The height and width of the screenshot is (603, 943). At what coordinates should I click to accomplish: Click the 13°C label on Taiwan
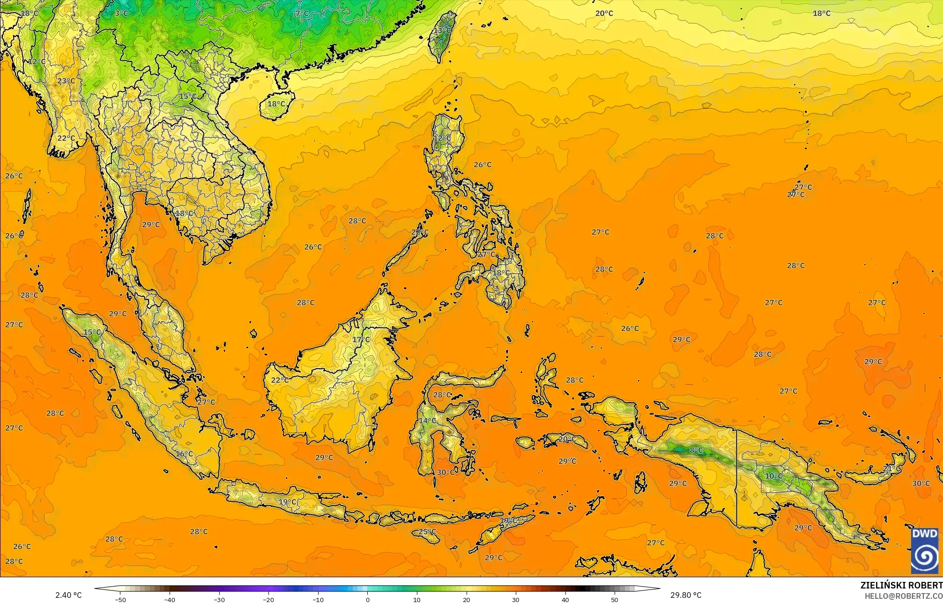coord(442,31)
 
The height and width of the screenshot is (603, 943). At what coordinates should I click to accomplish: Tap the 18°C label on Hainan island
coord(276,104)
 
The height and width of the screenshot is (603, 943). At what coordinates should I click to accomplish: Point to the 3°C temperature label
coord(121,13)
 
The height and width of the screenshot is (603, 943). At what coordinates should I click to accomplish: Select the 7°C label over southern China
coord(302,14)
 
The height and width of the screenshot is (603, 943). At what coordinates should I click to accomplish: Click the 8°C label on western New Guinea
coord(696,450)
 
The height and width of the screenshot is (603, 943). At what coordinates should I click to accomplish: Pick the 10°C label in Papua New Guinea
coord(773,476)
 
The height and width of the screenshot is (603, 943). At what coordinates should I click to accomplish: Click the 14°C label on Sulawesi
coord(427,421)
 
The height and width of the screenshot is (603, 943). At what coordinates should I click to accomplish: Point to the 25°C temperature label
coord(427,532)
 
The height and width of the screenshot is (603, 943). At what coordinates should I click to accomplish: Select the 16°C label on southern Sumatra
coord(184,454)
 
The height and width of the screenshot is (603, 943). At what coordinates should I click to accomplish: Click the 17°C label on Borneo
coord(361,340)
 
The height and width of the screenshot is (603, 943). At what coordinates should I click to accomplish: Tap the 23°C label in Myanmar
coord(66,81)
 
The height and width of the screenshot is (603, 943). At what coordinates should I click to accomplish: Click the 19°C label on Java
coord(287,502)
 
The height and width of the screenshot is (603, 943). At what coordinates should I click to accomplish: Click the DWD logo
coord(925,551)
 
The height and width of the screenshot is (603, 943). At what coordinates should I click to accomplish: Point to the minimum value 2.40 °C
coord(68,595)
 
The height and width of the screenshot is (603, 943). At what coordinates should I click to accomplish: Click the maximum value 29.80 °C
coord(686,595)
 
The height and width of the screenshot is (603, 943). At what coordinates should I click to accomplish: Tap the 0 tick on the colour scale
coord(367,600)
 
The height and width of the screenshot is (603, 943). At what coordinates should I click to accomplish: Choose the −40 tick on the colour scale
coord(170,600)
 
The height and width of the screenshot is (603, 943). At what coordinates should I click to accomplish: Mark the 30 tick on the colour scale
coord(516,600)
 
